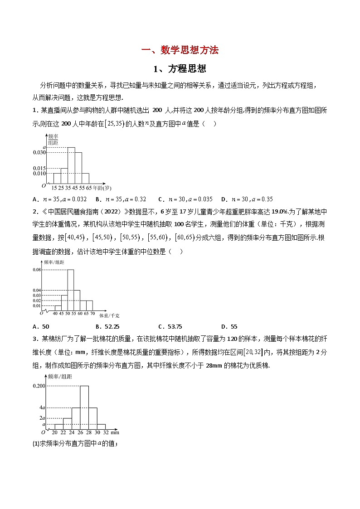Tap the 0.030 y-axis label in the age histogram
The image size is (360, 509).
tap(39, 153)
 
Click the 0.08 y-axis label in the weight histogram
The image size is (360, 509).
tap(37, 270)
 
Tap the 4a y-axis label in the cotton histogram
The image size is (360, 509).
tap(43, 407)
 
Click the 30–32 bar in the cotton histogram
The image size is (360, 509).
tap(102, 426)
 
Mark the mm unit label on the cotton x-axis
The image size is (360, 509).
tap(115, 433)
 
